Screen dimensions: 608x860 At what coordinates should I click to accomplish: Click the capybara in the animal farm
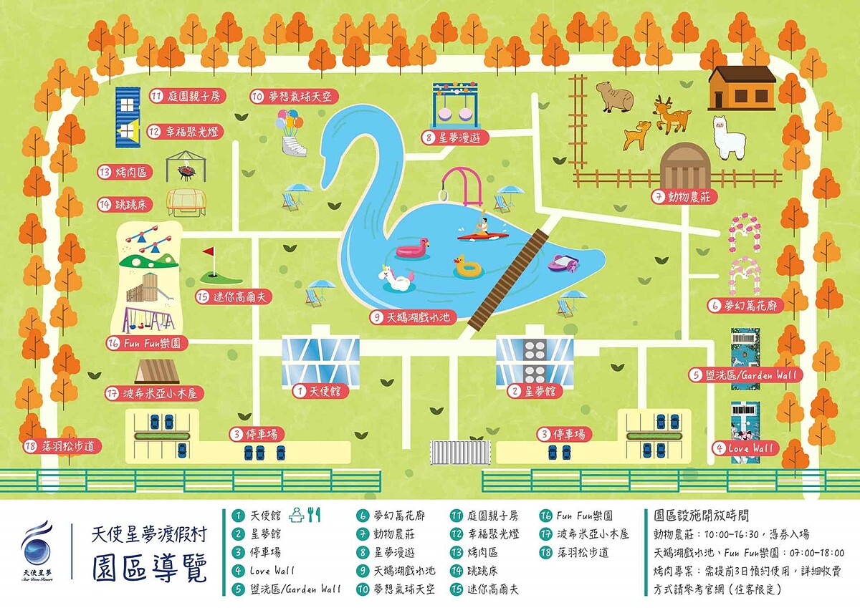point(616,97)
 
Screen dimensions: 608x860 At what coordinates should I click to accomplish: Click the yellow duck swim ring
point(468,267)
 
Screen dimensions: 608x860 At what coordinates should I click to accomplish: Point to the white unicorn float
point(398,278)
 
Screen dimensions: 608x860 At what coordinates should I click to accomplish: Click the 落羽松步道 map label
point(61,445)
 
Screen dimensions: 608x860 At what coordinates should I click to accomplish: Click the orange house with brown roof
point(742,87)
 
